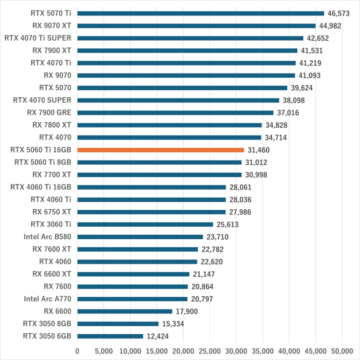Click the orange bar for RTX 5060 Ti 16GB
pyautogui.click(x=160, y=150)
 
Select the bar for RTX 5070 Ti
pyautogui.click(x=200, y=13)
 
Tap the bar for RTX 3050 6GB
pyautogui.click(x=110, y=336)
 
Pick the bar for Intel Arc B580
pyautogui.click(x=140, y=237)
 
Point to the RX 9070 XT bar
pyautogui.click(x=196, y=26)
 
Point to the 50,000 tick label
pyautogui.click(x=342, y=351)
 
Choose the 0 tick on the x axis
pyautogui.click(x=77, y=351)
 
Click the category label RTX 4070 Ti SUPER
pyautogui.click(x=37, y=38)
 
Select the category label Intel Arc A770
pyautogui.click(x=47, y=299)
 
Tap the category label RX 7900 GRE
pyautogui.click(x=49, y=112)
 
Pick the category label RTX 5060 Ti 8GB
pyautogui.click(x=43, y=162)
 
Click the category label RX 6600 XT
pyautogui.click(x=52, y=274)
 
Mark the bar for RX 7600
pyautogui.click(x=132, y=287)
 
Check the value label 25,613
pyautogui.click(x=228, y=225)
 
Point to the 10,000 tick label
pyautogui.click(x=130, y=351)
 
